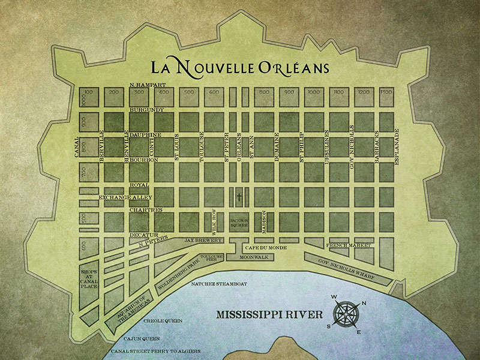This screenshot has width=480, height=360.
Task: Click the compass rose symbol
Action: click(348, 314)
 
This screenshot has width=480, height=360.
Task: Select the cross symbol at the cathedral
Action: click(238, 197)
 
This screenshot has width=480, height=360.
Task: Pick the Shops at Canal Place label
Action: click(89, 279)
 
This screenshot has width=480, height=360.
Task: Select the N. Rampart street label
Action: click(147, 85)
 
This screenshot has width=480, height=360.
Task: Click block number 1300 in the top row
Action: click(386, 92)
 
